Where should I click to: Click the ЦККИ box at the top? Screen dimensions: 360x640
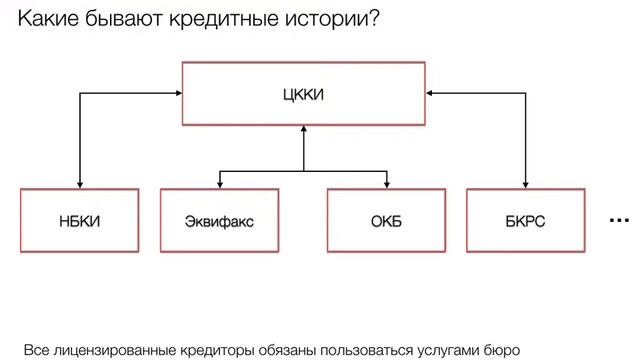click(303, 95)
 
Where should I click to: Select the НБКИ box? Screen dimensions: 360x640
click(79, 220)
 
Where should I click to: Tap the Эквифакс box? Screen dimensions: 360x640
click(219, 220)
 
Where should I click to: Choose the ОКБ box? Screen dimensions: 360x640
click(386, 220)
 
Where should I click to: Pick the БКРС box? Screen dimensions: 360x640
click(525, 220)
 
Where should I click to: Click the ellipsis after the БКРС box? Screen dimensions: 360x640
click(619, 220)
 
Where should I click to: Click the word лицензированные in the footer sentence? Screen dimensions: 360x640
click(113, 351)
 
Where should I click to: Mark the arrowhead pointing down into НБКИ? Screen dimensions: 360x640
click(79, 182)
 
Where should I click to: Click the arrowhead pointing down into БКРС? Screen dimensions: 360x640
click(525, 182)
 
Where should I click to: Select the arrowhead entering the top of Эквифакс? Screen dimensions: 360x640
click(219, 182)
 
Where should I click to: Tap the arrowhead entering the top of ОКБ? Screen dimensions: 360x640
click(386, 182)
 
